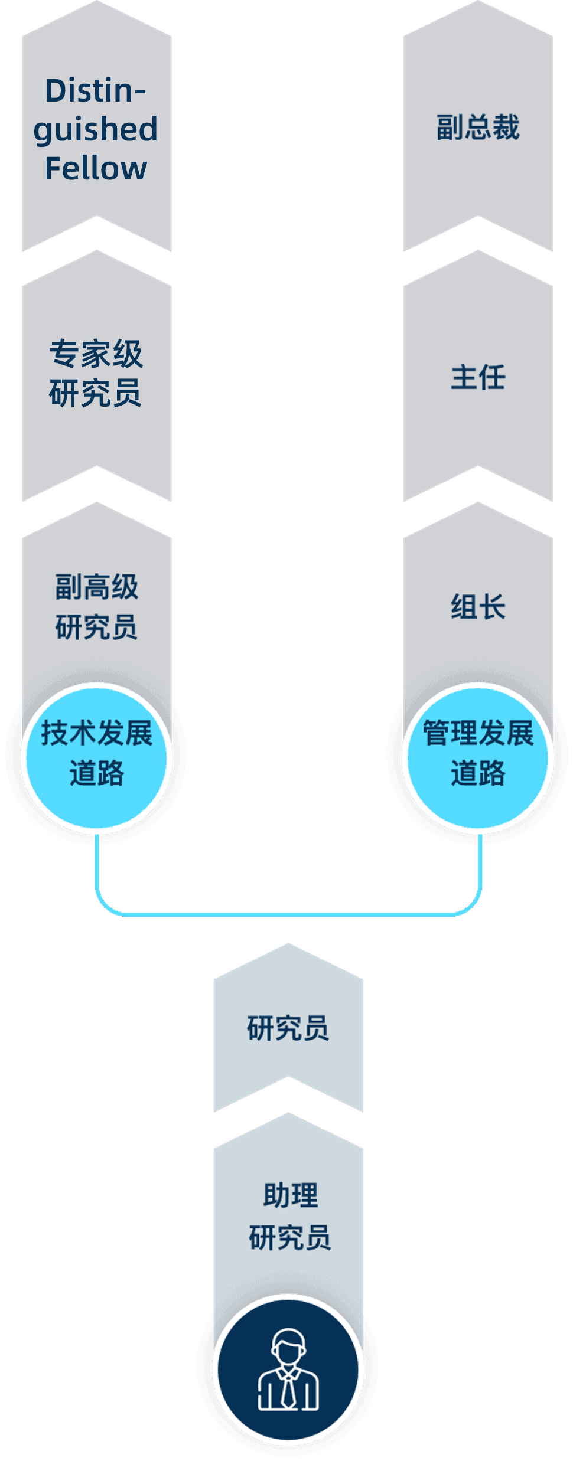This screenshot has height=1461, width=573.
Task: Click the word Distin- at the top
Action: [x=96, y=91]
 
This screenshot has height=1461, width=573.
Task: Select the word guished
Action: [x=96, y=130]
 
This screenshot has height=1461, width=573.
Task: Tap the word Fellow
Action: [x=96, y=169]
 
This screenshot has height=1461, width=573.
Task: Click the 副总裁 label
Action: [x=478, y=128]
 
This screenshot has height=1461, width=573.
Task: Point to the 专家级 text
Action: [x=96, y=354]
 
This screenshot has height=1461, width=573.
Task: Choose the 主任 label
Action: [x=478, y=377]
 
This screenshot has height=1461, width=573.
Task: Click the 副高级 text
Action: [x=96, y=587]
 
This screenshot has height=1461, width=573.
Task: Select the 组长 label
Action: [x=478, y=607]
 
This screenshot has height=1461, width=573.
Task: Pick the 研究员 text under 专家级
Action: [x=96, y=393]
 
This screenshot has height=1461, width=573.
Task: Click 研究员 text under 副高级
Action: [x=96, y=627]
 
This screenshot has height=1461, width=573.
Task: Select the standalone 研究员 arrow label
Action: [x=288, y=1028]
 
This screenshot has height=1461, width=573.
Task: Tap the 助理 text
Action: [x=290, y=1196]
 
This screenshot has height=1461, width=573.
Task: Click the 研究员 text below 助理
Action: [x=289, y=1237]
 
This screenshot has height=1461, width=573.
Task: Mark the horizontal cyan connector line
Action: [x=288, y=914]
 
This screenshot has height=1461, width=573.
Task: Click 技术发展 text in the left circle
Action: [x=96, y=733]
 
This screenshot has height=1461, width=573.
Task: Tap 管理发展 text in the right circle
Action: [x=478, y=733]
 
